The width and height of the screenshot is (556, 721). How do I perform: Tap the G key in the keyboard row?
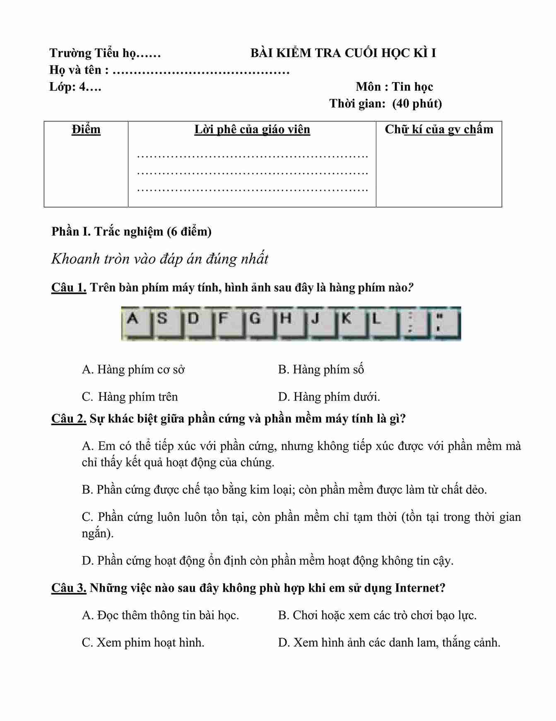point(259,323)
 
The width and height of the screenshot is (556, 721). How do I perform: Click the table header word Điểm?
point(86,129)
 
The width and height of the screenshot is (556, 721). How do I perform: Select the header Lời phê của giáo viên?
point(252,129)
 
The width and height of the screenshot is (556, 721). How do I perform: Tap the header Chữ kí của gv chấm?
point(439,129)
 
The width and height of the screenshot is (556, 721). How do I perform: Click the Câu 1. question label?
point(69,287)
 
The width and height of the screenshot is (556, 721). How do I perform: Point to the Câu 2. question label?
point(69,419)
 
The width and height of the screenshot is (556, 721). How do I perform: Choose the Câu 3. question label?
point(69,587)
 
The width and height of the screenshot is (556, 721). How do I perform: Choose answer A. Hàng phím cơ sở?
point(133,369)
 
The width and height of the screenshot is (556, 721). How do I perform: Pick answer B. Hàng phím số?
point(321,369)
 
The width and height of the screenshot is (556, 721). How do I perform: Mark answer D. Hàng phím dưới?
point(329,397)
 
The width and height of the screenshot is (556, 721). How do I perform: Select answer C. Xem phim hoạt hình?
point(143,642)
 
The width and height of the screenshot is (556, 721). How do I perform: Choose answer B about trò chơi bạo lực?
point(377,615)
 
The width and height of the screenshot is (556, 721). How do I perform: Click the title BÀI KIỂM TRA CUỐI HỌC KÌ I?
point(343,53)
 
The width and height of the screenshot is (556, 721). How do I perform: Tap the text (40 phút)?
point(417,103)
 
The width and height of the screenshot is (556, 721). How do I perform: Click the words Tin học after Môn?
point(412,87)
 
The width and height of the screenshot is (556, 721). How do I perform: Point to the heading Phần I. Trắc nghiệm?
point(131,231)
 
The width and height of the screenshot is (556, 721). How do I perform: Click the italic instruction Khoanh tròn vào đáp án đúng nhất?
point(160,259)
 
